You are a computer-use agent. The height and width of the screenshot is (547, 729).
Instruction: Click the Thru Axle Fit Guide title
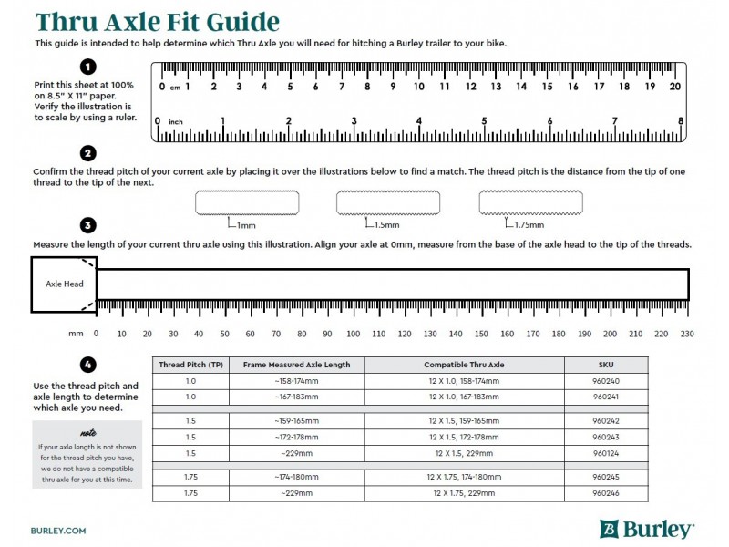point(157,22)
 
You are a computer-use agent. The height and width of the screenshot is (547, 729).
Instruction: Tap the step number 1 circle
point(87,67)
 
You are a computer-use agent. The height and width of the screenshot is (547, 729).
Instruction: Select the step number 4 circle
point(87,365)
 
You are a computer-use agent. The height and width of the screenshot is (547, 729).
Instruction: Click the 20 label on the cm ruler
point(675,87)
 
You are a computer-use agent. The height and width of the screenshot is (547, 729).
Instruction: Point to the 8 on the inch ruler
point(681,121)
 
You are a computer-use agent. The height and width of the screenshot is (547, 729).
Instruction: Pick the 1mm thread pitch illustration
point(247,202)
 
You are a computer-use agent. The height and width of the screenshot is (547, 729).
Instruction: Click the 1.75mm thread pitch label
point(529,225)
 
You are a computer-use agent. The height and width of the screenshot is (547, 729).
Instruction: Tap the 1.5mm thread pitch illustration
point(389,202)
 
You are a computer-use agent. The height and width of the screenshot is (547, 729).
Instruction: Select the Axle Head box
point(64,284)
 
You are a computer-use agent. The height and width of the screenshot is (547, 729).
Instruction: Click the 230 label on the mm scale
point(687,334)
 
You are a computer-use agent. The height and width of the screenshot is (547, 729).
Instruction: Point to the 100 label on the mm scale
point(353,334)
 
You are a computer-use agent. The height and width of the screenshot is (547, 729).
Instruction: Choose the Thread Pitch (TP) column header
point(190,365)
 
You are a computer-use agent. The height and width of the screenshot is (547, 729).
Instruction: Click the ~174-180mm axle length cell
point(296,477)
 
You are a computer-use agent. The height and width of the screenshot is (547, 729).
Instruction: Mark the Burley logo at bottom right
point(648,529)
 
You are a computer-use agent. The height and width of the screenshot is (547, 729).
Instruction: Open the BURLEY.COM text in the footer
point(58,530)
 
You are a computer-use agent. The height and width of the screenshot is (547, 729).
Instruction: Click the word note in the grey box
point(87,433)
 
